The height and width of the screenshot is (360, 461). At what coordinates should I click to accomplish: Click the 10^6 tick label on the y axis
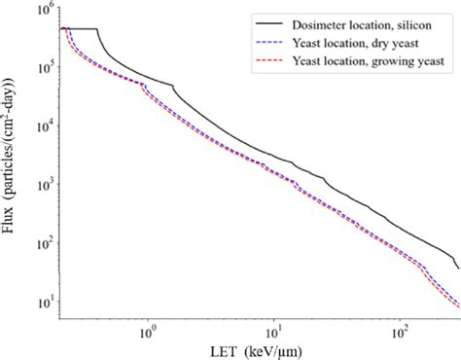click(x=43, y=10)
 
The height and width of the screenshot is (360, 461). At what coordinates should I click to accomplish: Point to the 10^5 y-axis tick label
click(x=43, y=67)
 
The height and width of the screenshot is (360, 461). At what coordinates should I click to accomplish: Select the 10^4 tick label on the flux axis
click(x=43, y=126)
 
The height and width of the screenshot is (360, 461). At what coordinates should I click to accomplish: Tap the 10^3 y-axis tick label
click(x=43, y=184)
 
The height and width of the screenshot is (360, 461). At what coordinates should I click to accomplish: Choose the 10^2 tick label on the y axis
click(x=43, y=241)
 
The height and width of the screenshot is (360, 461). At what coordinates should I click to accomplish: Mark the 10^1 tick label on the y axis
click(x=43, y=300)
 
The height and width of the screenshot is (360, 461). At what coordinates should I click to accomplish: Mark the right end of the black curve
click(x=457, y=268)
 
